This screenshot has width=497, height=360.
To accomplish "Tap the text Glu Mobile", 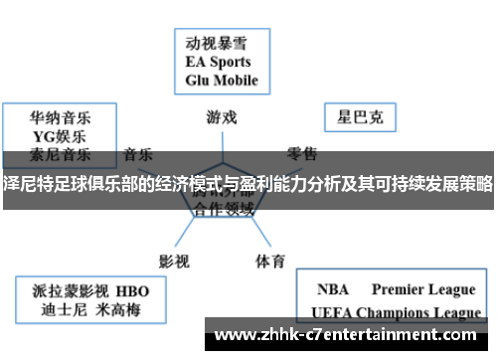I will coord(221,81).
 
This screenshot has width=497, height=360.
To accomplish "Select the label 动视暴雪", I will coord(216,44).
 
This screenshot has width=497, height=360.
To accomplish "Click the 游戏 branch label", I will coord(222,116).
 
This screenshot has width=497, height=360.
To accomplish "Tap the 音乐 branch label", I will coord(138,154).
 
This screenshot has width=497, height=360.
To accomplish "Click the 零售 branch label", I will coord(303,154).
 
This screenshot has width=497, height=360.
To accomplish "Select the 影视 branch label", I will coord(174,235).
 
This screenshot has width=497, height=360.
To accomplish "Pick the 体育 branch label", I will coord(270,235).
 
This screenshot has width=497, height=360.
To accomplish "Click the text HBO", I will coord(132,291).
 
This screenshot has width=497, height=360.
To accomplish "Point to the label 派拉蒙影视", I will coord(68,291).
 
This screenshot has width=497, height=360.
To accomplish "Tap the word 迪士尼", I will coord(60,310).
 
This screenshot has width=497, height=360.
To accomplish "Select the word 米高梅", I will coord(118,310).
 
